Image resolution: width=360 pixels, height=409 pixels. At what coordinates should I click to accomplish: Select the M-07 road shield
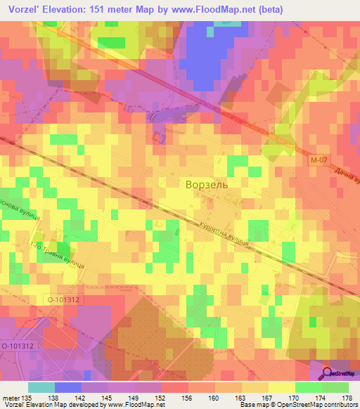point(318,161)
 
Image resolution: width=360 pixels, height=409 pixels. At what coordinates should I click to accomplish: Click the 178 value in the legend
point(344,397)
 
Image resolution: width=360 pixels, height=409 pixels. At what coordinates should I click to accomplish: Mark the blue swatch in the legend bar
point(68,387)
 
